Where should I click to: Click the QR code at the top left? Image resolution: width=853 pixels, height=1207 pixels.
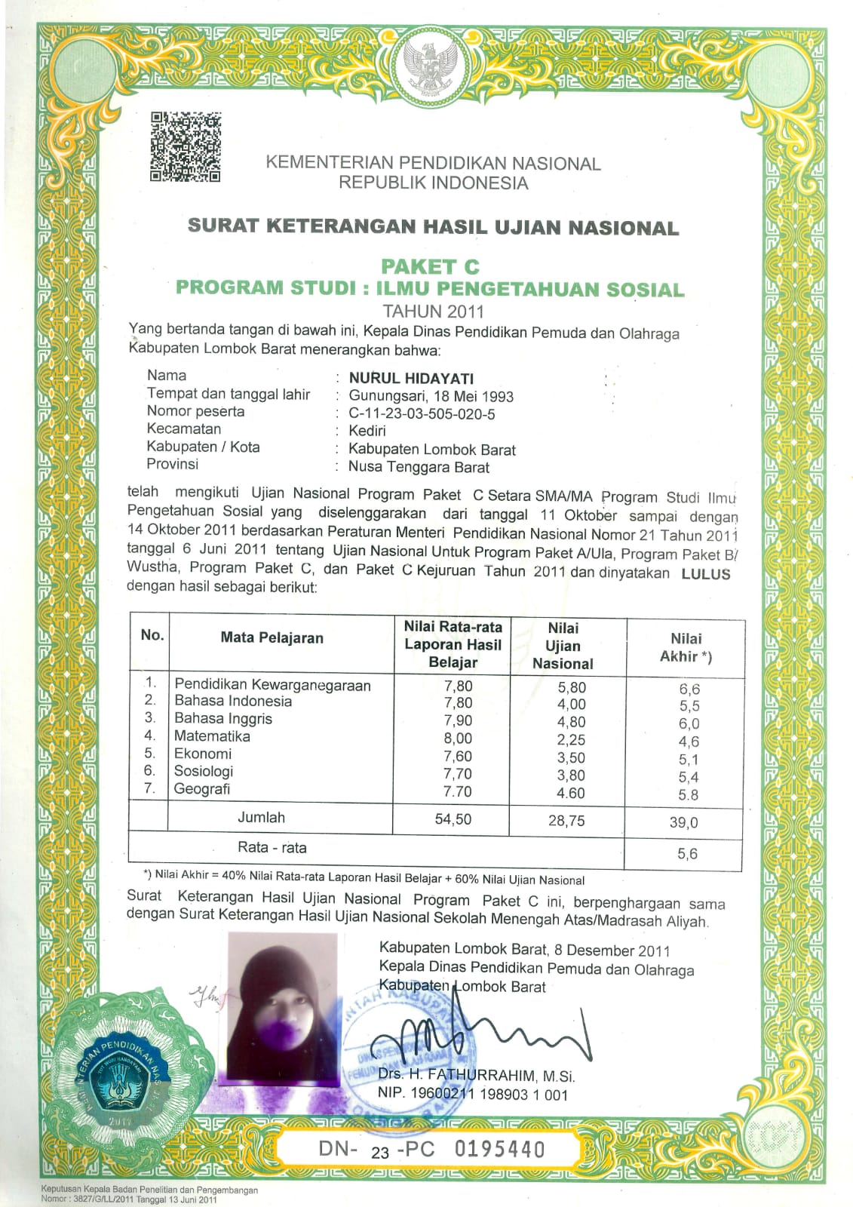coord(186,146)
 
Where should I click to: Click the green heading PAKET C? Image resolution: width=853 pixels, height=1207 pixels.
coord(430,266)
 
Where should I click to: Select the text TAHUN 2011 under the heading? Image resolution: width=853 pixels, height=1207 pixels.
coord(433,311)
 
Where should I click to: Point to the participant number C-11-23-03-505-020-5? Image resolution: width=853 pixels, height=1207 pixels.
coord(422,413)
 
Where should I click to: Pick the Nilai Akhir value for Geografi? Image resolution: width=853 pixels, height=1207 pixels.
coord(688,794)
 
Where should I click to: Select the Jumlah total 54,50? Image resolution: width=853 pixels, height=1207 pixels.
coord(453,819)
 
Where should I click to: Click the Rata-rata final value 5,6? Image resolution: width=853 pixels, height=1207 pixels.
coord(687,854)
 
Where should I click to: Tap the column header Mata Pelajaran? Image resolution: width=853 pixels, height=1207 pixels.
coord(272,637)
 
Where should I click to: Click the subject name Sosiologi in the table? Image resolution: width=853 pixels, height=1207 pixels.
coord(204,771)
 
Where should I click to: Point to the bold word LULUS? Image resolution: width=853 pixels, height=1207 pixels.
coord(706,573)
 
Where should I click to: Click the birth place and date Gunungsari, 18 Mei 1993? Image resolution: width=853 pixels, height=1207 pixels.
coord(431,396)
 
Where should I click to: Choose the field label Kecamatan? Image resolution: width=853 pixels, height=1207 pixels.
coord(184,428)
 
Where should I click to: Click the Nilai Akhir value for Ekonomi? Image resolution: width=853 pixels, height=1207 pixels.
coord(688,760)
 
